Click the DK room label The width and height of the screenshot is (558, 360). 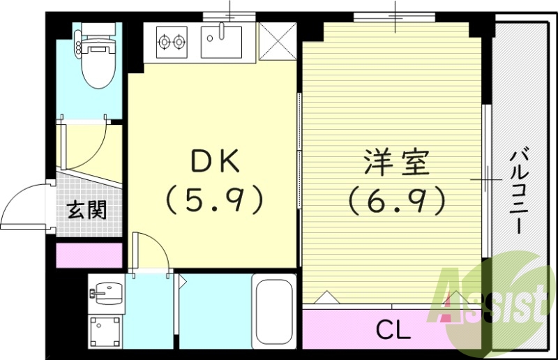[214, 163]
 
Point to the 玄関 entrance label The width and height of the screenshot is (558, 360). [87, 209]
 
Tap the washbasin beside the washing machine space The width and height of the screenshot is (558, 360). [106, 292]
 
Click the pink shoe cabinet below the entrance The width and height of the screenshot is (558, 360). [88, 254]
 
